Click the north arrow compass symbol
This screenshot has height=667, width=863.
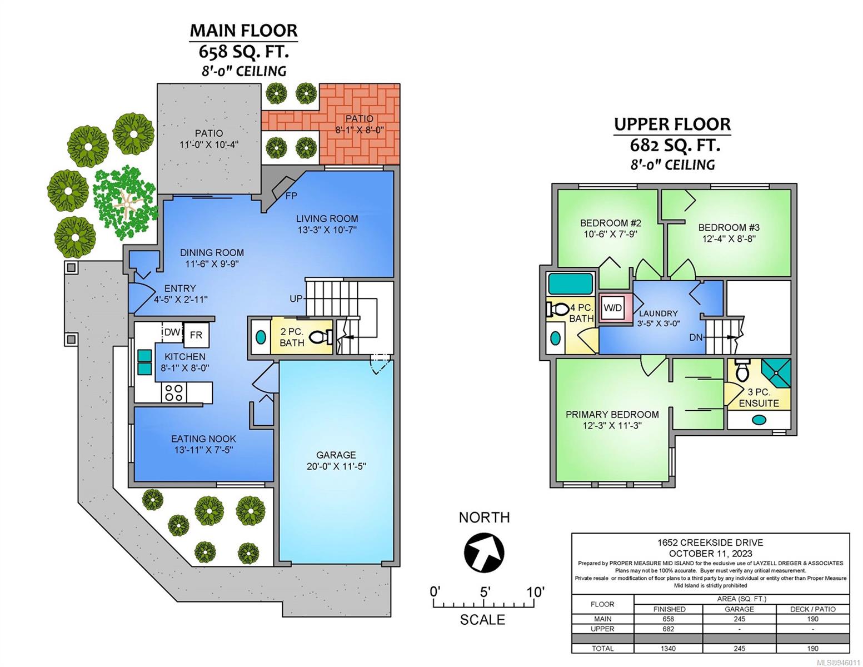(x=483, y=552)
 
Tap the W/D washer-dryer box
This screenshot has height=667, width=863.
(x=612, y=308)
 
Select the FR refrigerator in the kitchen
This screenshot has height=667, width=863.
(x=196, y=335)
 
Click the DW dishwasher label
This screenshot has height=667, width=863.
(x=172, y=332)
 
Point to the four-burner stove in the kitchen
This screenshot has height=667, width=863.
(x=174, y=392)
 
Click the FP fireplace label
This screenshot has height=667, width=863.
(x=291, y=196)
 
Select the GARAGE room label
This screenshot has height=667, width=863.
(x=336, y=455)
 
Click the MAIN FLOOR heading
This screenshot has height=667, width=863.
(x=243, y=31)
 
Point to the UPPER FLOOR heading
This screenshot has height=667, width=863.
(x=672, y=125)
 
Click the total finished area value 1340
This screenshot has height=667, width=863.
(x=668, y=649)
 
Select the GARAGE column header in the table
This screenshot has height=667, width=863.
(x=739, y=609)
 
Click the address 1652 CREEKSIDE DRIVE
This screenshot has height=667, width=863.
(x=710, y=542)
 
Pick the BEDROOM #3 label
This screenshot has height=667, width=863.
(x=729, y=228)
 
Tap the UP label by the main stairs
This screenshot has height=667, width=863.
(x=296, y=298)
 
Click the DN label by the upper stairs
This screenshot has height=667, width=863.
(x=695, y=337)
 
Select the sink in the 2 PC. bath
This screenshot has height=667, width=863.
(x=261, y=337)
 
